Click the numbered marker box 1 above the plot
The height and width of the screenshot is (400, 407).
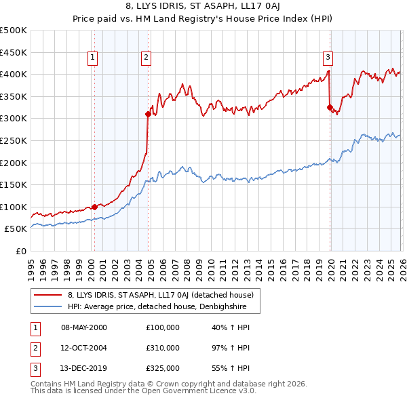pyautogui.click(x=92, y=58)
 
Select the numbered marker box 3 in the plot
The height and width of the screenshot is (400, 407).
pyautogui.click(x=328, y=58)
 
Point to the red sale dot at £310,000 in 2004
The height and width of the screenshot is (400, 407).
pyautogui.click(x=148, y=115)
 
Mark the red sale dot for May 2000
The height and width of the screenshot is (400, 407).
pyautogui.click(x=94, y=207)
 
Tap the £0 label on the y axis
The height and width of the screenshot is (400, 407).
pyautogui.click(x=20, y=251)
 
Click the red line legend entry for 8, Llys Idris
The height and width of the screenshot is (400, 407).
pyautogui.click(x=160, y=295)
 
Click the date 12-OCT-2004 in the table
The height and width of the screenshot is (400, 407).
pyautogui.click(x=84, y=348)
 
